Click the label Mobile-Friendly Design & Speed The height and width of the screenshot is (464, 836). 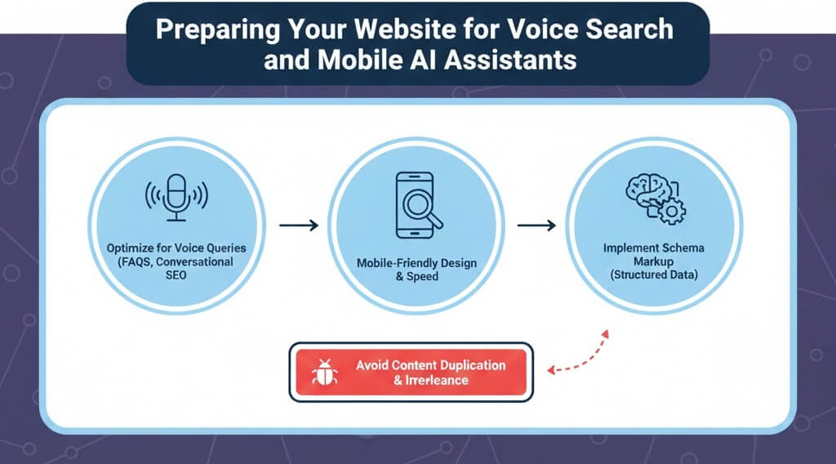point(416,270)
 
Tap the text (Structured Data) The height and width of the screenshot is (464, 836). point(652,275)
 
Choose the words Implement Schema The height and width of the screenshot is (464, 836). point(652,248)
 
